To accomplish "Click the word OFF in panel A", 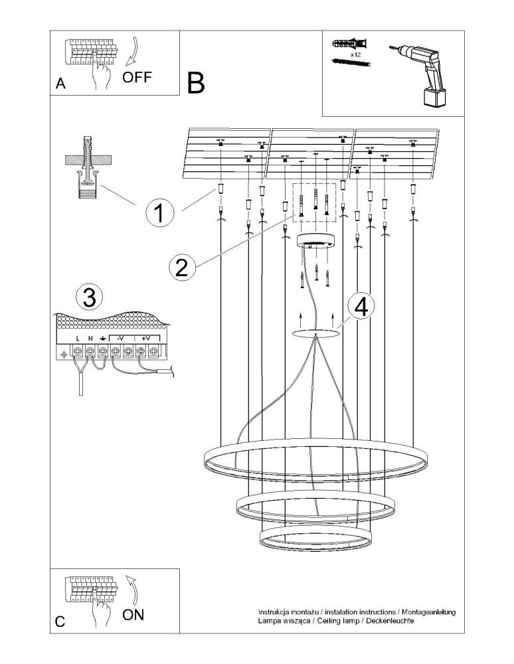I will click(137, 76).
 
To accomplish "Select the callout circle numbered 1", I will click(159, 214).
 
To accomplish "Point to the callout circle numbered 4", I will click(361, 307).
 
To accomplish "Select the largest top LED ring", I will click(315, 463).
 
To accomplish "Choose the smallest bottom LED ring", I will click(315, 539).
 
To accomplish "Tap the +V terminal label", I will click(146, 338).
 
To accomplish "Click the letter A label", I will click(60, 84).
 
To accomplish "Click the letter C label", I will click(60, 622).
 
